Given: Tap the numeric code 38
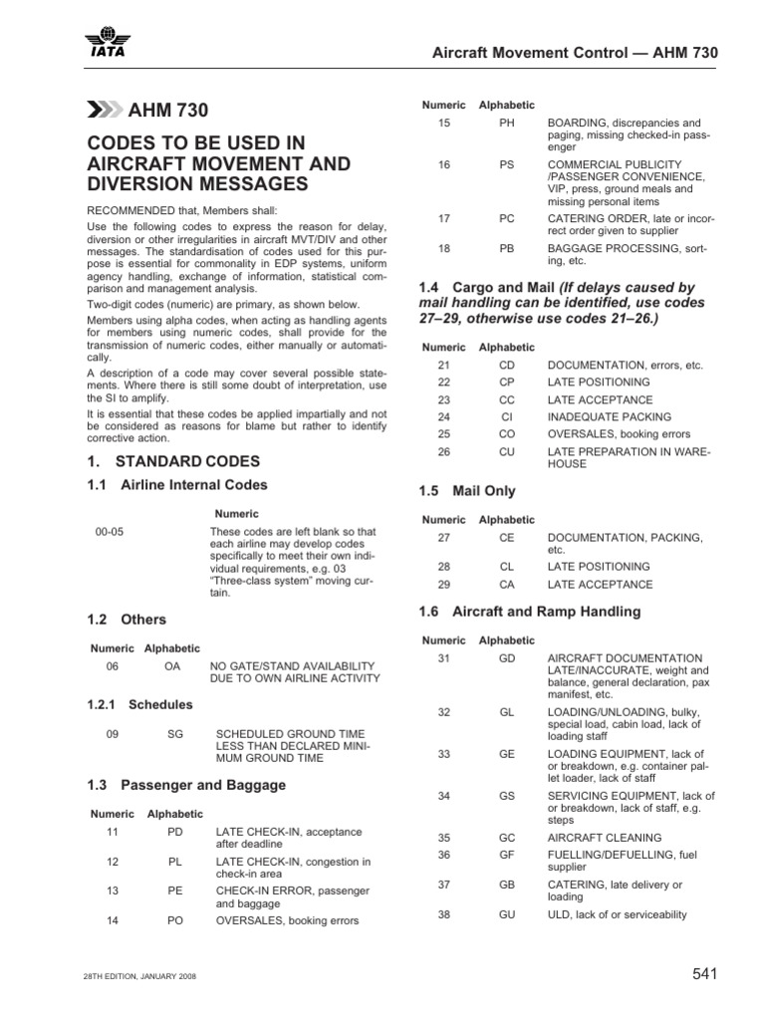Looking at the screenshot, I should pos(444,914).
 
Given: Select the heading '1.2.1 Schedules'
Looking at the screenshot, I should pos(140,704).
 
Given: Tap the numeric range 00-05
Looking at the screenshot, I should pos(110,532).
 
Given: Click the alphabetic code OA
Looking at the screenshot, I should pos(171,665).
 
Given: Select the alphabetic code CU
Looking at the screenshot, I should pos(507,452).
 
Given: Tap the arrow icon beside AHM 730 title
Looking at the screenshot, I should pos(104,110).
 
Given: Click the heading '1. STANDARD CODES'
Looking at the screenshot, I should pos(173,461).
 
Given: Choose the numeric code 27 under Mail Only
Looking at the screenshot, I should pos(444,537).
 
